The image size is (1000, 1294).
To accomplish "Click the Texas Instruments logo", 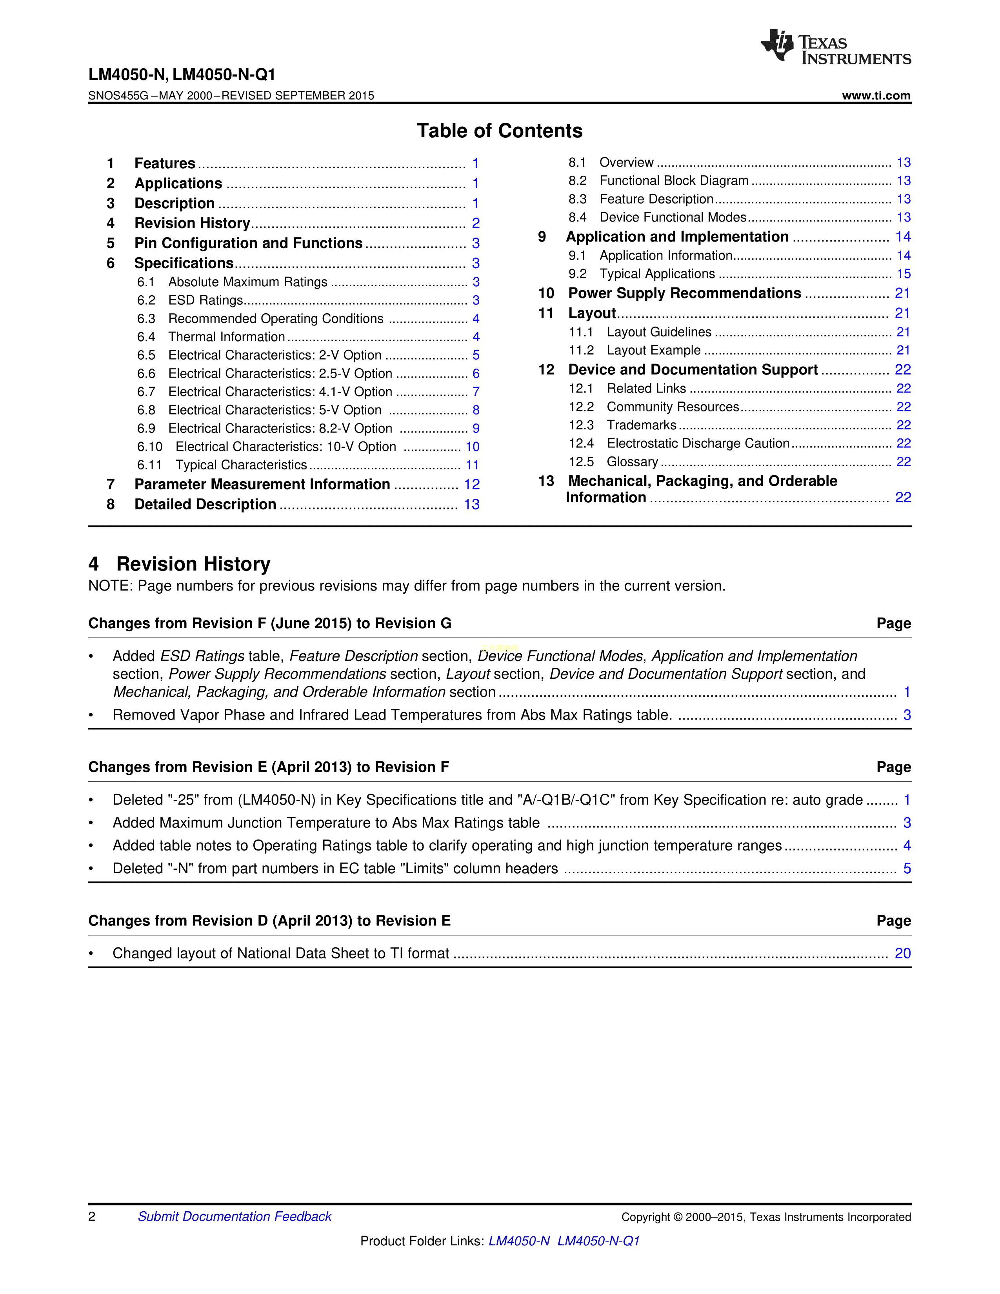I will (835, 47).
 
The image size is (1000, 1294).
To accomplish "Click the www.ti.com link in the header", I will (876, 95).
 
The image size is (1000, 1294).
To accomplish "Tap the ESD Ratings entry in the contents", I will (205, 300).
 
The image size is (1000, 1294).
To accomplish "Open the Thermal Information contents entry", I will (226, 337).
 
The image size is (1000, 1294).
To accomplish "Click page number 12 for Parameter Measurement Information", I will (471, 485).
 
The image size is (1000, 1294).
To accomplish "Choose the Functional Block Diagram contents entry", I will (674, 181).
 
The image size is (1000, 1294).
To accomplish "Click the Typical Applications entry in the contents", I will (657, 274).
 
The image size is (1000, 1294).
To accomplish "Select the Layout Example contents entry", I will (653, 350).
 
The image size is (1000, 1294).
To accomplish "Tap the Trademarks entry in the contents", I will (642, 425).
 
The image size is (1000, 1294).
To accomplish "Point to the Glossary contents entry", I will (632, 462).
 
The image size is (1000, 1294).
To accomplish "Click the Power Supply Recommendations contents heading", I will (684, 293).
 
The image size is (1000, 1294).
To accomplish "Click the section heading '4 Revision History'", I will (180, 563).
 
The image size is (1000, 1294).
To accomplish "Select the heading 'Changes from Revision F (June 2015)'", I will (269, 623).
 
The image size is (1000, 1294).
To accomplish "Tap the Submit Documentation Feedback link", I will (235, 1216).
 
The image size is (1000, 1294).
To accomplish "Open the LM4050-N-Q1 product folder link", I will (598, 1241).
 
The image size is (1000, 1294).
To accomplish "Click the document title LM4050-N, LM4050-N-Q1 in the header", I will (182, 75).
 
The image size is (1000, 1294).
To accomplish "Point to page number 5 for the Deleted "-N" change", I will (906, 869).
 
